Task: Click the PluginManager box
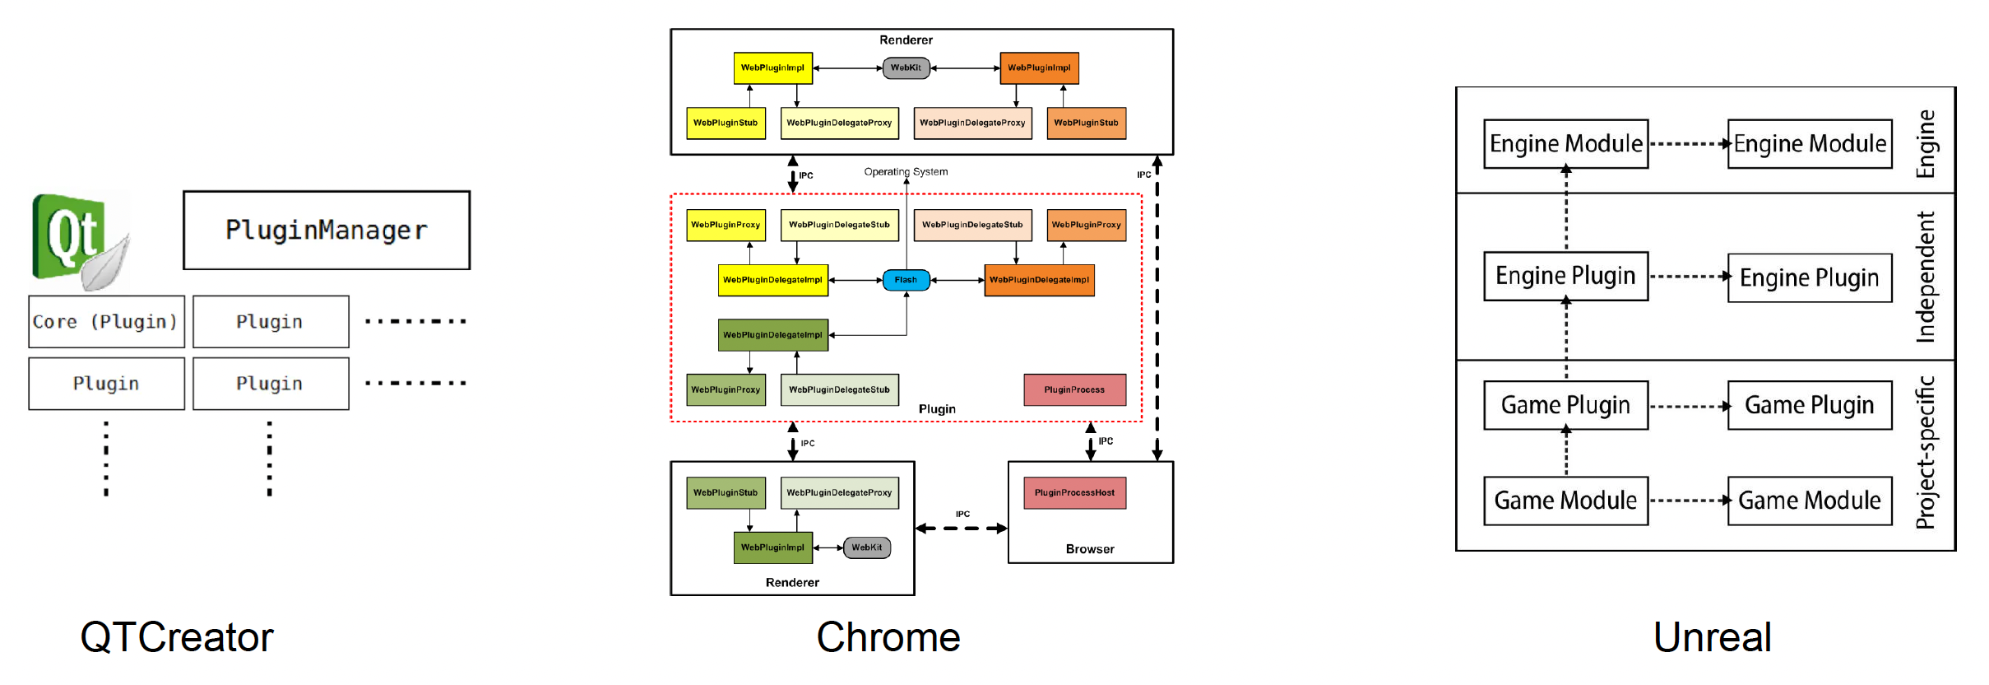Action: [x=327, y=231]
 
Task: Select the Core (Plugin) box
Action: [x=106, y=322]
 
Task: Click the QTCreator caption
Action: [x=177, y=637]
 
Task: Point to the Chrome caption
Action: [x=888, y=637]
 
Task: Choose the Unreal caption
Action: [x=1713, y=637]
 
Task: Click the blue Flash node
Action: [x=906, y=280]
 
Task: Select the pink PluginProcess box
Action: [x=1074, y=389]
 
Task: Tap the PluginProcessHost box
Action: [x=1074, y=492]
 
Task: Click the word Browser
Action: [x=1090, y=549]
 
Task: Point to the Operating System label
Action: [x=906, y=172]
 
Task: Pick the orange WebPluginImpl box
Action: [x=1039, y=68]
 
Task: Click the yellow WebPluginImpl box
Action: [x=772, y=68]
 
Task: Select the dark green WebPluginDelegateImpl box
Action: [x=772, y=335]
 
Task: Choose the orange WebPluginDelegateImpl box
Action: [x=1039, y=280]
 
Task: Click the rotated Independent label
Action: [x=1926, y=277]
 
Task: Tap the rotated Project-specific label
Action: [x=1926, y=453]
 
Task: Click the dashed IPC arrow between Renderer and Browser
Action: [x=961, y=529]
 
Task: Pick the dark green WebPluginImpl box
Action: [x=772, y=548]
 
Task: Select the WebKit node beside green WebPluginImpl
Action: [x=866, y=548]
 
